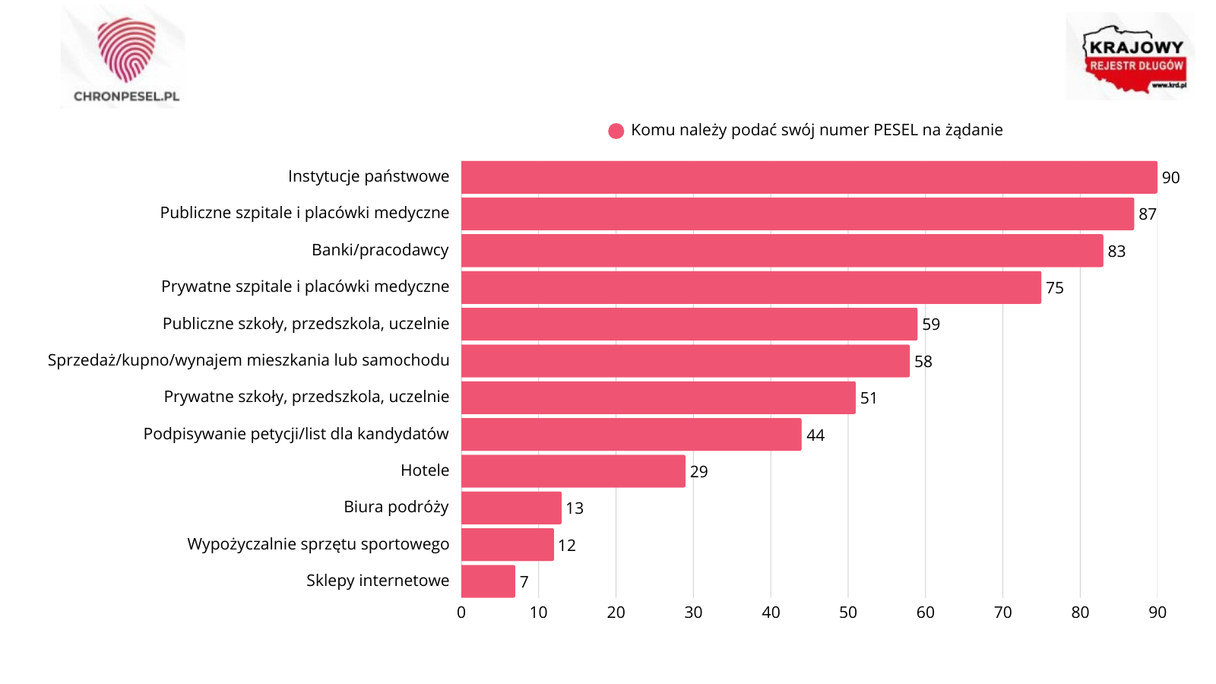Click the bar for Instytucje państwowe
pos(809,177)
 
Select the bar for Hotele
pos(573,471)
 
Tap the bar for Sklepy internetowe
pos(488,581)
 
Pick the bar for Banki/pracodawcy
pos(782,250)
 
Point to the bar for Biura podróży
pos(511,508)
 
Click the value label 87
pos(1148,214)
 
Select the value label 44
pos(815,435)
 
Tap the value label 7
pos(524,582)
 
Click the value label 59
pos(931,325)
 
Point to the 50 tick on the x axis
pos(848,613)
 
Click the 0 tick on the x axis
pos(461,613)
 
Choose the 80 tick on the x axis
pos(1080,613)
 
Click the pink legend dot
pos(616,131)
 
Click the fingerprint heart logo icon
pos(126,49)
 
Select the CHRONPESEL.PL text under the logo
pos(126,97)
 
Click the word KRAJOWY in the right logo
pos(1136,48)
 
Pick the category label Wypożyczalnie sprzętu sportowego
pos(318,544)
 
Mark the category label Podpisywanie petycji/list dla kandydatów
pos(296,434)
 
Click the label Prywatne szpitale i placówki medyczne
pos(305,287)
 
